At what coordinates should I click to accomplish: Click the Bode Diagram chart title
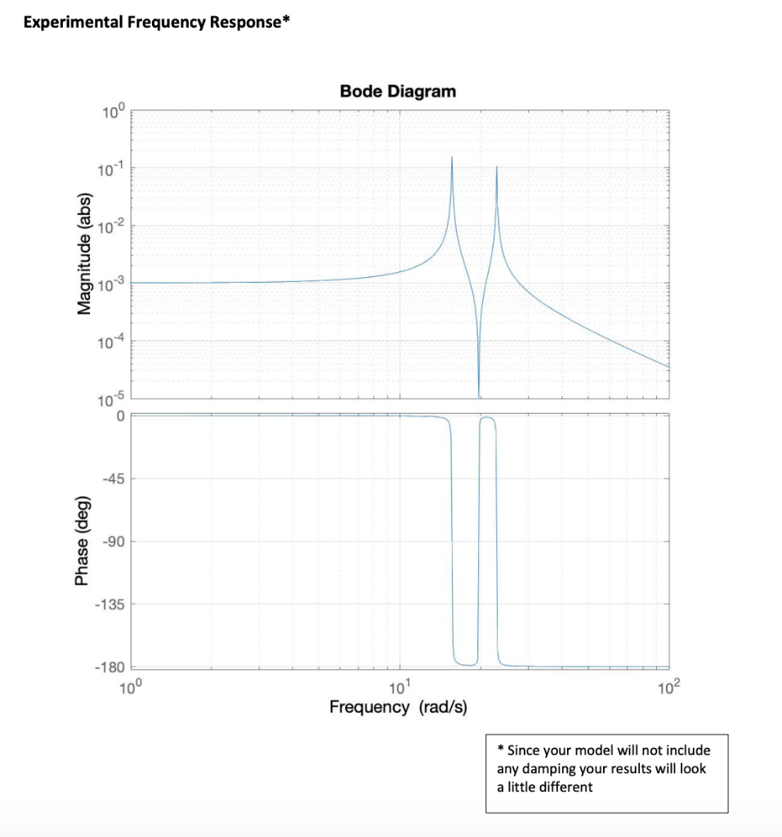coord(398,92)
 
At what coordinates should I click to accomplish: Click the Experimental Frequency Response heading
coord(156,22)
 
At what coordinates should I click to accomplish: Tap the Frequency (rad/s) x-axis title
coord(398,706)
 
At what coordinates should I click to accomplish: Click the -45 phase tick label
coord(112,478)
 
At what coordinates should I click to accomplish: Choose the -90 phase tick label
coord(112,541)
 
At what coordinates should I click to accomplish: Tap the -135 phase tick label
coord(109,604)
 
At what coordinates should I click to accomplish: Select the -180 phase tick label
coord(109,668)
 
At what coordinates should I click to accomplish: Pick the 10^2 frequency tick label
coord(668,686)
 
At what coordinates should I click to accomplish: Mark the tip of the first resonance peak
coord(452,157)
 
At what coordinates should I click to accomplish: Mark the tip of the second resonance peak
coord(497,167)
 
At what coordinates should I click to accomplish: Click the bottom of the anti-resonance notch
coord(479,396)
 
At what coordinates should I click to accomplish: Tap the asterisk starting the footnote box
coord(501,749)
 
